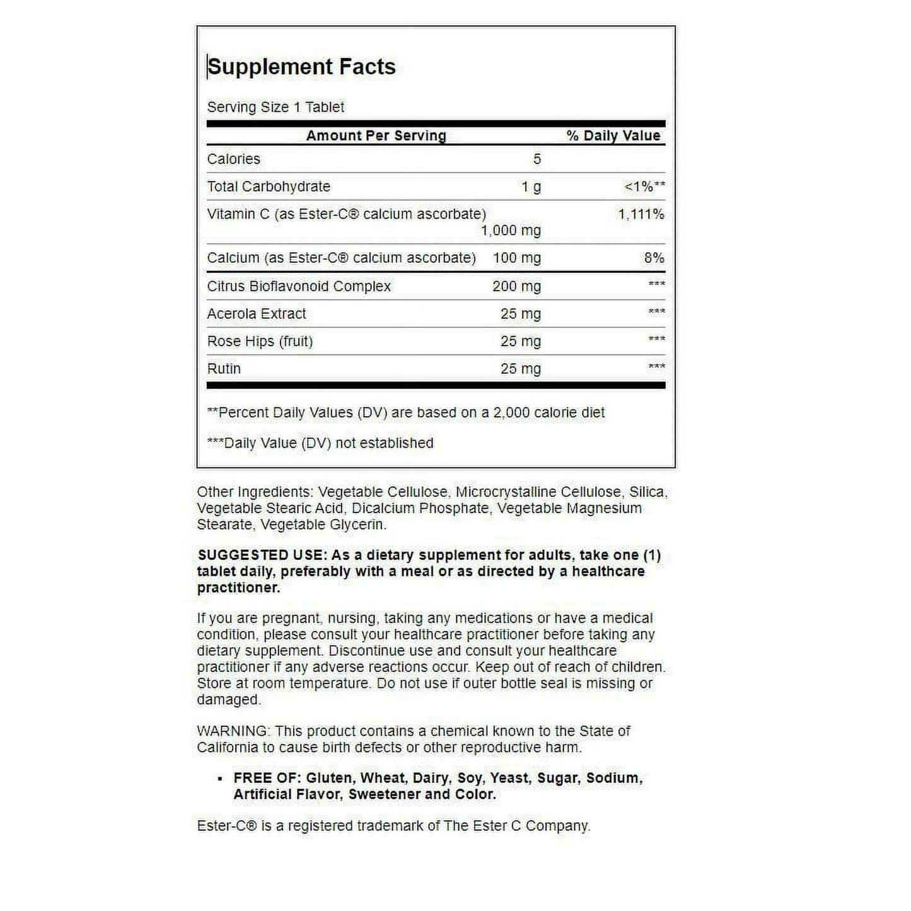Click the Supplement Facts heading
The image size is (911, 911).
pyautogui.click(x=301, y=67)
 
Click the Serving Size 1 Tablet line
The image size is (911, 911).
pyautogui.click(x=276, y=107)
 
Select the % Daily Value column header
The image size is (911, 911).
pyautogui.click(x=613, y=136)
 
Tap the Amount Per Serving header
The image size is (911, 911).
pyautogui.click(x=376, y=136)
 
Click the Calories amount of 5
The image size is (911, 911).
pyautogui.click(x=537, y=159)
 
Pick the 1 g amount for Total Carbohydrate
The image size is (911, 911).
pyautogui.click(x=531, y=187)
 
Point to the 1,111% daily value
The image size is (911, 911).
pyautogui.click(x=641, y=214)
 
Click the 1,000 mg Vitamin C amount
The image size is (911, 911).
pyautogui.click(x=511, y=231)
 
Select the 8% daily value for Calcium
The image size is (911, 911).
pyautogui.click(x=654, y=258)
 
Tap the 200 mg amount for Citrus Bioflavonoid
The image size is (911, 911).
pyautogui.click(x=516, y=286)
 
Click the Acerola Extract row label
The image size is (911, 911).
pyautogui.click(x=257, y=314)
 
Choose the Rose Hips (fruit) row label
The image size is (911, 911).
pyautogui.click(x=260, y=341)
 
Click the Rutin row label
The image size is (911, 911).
pyautogui.click(x=224, y=369)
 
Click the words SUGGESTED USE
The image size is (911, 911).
pyautogui.click(x=262, y=555)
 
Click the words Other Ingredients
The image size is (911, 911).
pyautogui.click(x=255, y=492)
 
